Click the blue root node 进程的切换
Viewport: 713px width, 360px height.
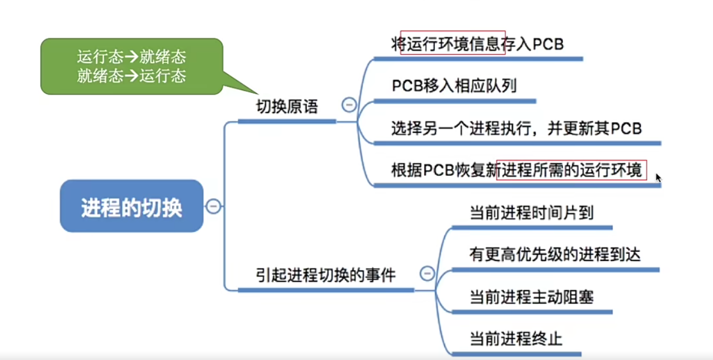click(131, 206)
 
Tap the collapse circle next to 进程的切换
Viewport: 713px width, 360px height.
click(213, 206)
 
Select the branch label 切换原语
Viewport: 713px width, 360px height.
click(287, 107)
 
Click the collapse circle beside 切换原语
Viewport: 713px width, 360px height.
click(349, 105)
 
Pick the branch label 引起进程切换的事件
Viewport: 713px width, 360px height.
click(325, 275)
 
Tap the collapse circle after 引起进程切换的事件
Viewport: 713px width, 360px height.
click(427, 274)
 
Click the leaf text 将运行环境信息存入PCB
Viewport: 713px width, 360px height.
click(477, 44)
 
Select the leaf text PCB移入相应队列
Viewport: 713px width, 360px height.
click(454, 86)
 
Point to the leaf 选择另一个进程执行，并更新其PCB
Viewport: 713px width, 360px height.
click(516, 129)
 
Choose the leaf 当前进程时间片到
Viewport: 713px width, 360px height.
click(531, 213)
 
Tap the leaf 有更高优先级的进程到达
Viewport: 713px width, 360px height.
click(555, 254)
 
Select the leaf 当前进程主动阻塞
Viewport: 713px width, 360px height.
click(531, 297)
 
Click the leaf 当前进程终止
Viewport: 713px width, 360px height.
click(516, 339)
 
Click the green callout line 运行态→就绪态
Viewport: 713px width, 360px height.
click(131, 56)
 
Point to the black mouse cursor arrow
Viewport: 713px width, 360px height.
click(658, 177)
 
